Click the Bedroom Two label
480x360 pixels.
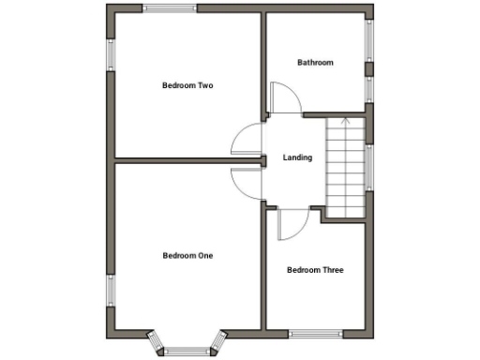(187, 86)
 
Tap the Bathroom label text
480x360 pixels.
(315, 63)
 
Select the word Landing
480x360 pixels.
(298, 157)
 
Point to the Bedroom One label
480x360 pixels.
(187, 255)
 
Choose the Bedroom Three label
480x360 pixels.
(315, 270)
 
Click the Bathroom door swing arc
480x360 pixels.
(283, 97)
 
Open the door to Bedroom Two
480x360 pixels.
(246, 141)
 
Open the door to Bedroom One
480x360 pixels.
(247, 178)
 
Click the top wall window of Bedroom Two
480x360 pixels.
(171, 9)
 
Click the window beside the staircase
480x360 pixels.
(369, 167)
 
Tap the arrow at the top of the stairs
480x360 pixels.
(346, 120)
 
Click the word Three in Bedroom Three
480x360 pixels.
(331, 270)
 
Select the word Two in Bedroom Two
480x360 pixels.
(205, 86)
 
